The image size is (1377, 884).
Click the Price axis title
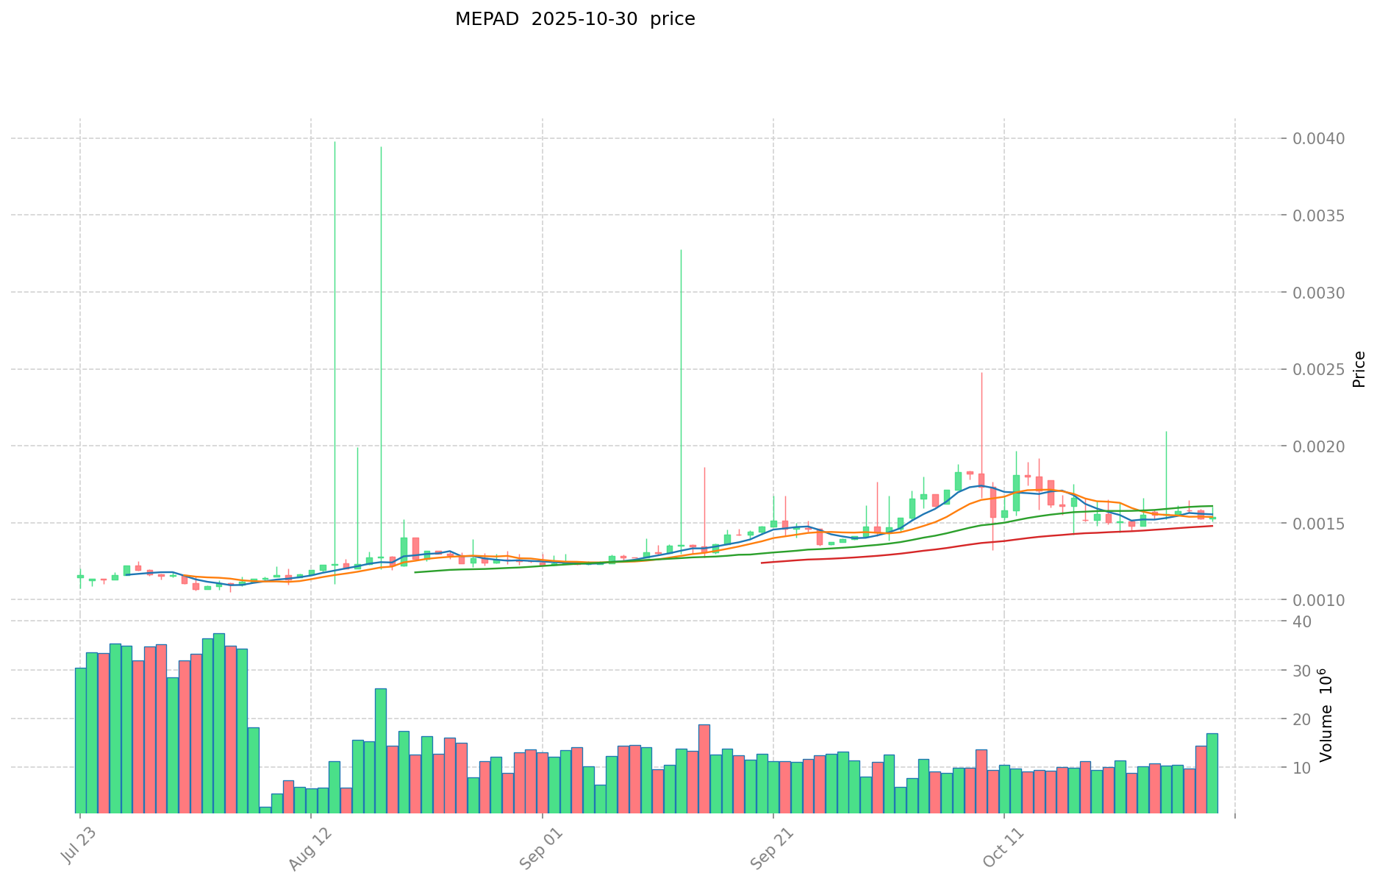pyautogui.click(x=1359, y=369)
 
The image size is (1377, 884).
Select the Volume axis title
pyautogui.click(x=1326, y=715)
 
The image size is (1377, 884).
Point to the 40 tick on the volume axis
pyautogui.click(x=1302, y=622)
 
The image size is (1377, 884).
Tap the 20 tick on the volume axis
pyautogui.click(x=1302, y=719)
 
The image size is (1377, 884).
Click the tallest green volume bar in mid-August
pyautogui.click(x=381, y=750)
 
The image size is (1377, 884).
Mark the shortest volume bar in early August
pyautogui.click(x=265, y=810)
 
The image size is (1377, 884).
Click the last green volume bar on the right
pyautogui.click(x=1212, y=772)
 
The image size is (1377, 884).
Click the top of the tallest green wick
pyautogui.click(x=335, y=142)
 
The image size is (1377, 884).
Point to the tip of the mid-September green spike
pyautogui.click(x=681, y=250)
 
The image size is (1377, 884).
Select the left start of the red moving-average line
pyautogui.click(x=762, y=563)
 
